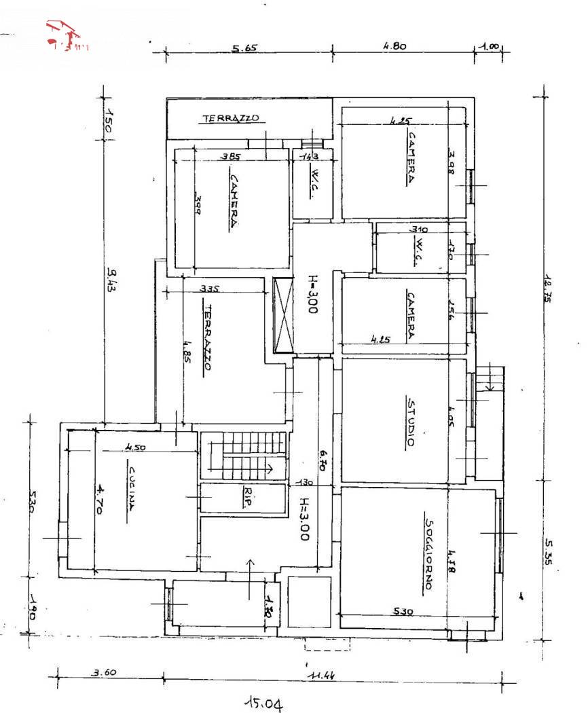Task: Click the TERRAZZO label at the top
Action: pyautogui.click(x=231, y=119)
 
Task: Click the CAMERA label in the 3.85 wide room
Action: pyautogui.click(x=232, y=202)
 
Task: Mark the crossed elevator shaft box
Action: pyautogui.click(x=282, y=315)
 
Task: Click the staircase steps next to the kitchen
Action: pyautogui.click(x=246, y=455)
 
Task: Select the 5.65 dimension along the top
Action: pyautogui.click(x=245, y=49)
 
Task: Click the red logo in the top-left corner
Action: pyautogui.click(x=66, y=36)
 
